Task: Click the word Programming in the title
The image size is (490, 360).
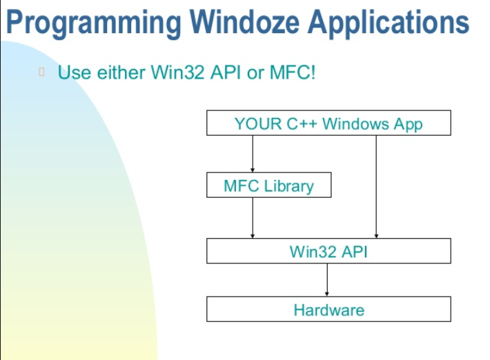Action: point(94,23)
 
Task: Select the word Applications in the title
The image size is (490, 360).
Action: point(389,23)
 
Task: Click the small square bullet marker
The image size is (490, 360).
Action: point(41,72)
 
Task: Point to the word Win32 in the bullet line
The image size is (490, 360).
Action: point(177,72)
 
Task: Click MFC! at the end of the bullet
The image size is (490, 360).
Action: point(293,72)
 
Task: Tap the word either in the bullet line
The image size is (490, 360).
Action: point(121,72)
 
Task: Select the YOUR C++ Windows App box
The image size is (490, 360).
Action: point(329,123)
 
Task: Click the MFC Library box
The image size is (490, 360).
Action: point(268,185)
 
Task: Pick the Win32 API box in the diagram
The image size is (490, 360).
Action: point(329,251)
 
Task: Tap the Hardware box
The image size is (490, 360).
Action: point(329,309)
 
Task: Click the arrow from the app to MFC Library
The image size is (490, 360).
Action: point(253,154)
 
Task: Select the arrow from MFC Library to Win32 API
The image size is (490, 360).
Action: point(253,218)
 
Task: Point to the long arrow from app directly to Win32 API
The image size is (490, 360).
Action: point(376,187)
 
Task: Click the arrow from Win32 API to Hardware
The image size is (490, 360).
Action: point(327,280)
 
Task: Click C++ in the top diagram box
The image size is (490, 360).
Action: point(302,123)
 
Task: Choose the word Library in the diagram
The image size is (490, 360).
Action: point(288,187)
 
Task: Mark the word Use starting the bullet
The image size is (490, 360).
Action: point(75,72)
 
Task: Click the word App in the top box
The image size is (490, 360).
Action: point(408,125)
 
